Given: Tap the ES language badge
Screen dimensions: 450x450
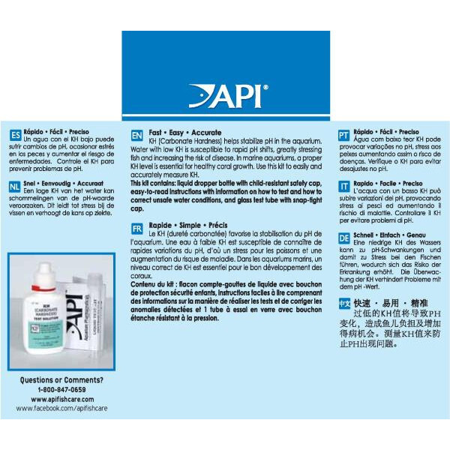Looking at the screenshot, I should pos(15,135).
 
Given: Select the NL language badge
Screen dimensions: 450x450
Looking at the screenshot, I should pos(15,187).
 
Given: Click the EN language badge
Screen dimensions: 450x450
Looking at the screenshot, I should pos(136,136).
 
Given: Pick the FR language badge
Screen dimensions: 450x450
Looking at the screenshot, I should pos(136,228).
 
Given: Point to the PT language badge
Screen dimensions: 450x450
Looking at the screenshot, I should pos(343,136).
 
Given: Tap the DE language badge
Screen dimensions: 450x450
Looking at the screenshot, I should pos(343,238).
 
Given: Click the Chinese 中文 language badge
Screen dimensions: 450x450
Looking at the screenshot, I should pos(343,303).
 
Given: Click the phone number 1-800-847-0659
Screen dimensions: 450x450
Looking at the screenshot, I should pos(62,390).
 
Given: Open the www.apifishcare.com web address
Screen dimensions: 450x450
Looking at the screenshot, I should pos(62,399).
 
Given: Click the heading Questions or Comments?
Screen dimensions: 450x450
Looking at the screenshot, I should pos(62,380).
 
